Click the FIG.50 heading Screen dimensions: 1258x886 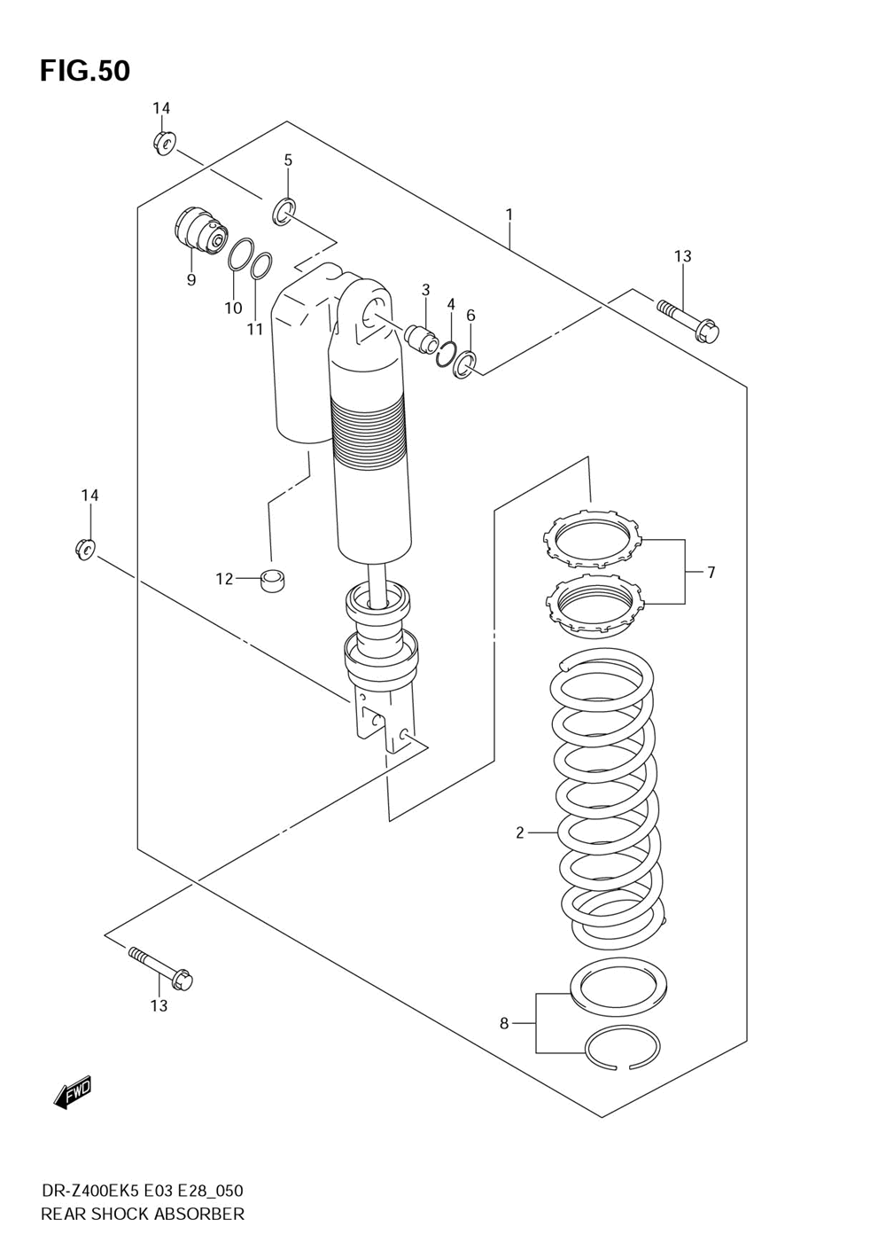coord(84,70)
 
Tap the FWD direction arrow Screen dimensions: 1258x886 coord(73,1093)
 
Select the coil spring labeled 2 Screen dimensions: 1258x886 coord(608,798)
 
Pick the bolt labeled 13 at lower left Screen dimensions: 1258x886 coord(161,968)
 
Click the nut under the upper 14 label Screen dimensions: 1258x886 coord(164,142)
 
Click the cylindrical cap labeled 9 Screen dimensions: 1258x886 coord(197,230)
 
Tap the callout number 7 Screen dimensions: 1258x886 coord(711,573)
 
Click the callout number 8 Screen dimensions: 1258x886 coord(504,1023)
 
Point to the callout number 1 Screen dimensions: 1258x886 coord(509,214)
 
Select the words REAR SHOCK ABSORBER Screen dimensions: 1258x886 coord(143,1214)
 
